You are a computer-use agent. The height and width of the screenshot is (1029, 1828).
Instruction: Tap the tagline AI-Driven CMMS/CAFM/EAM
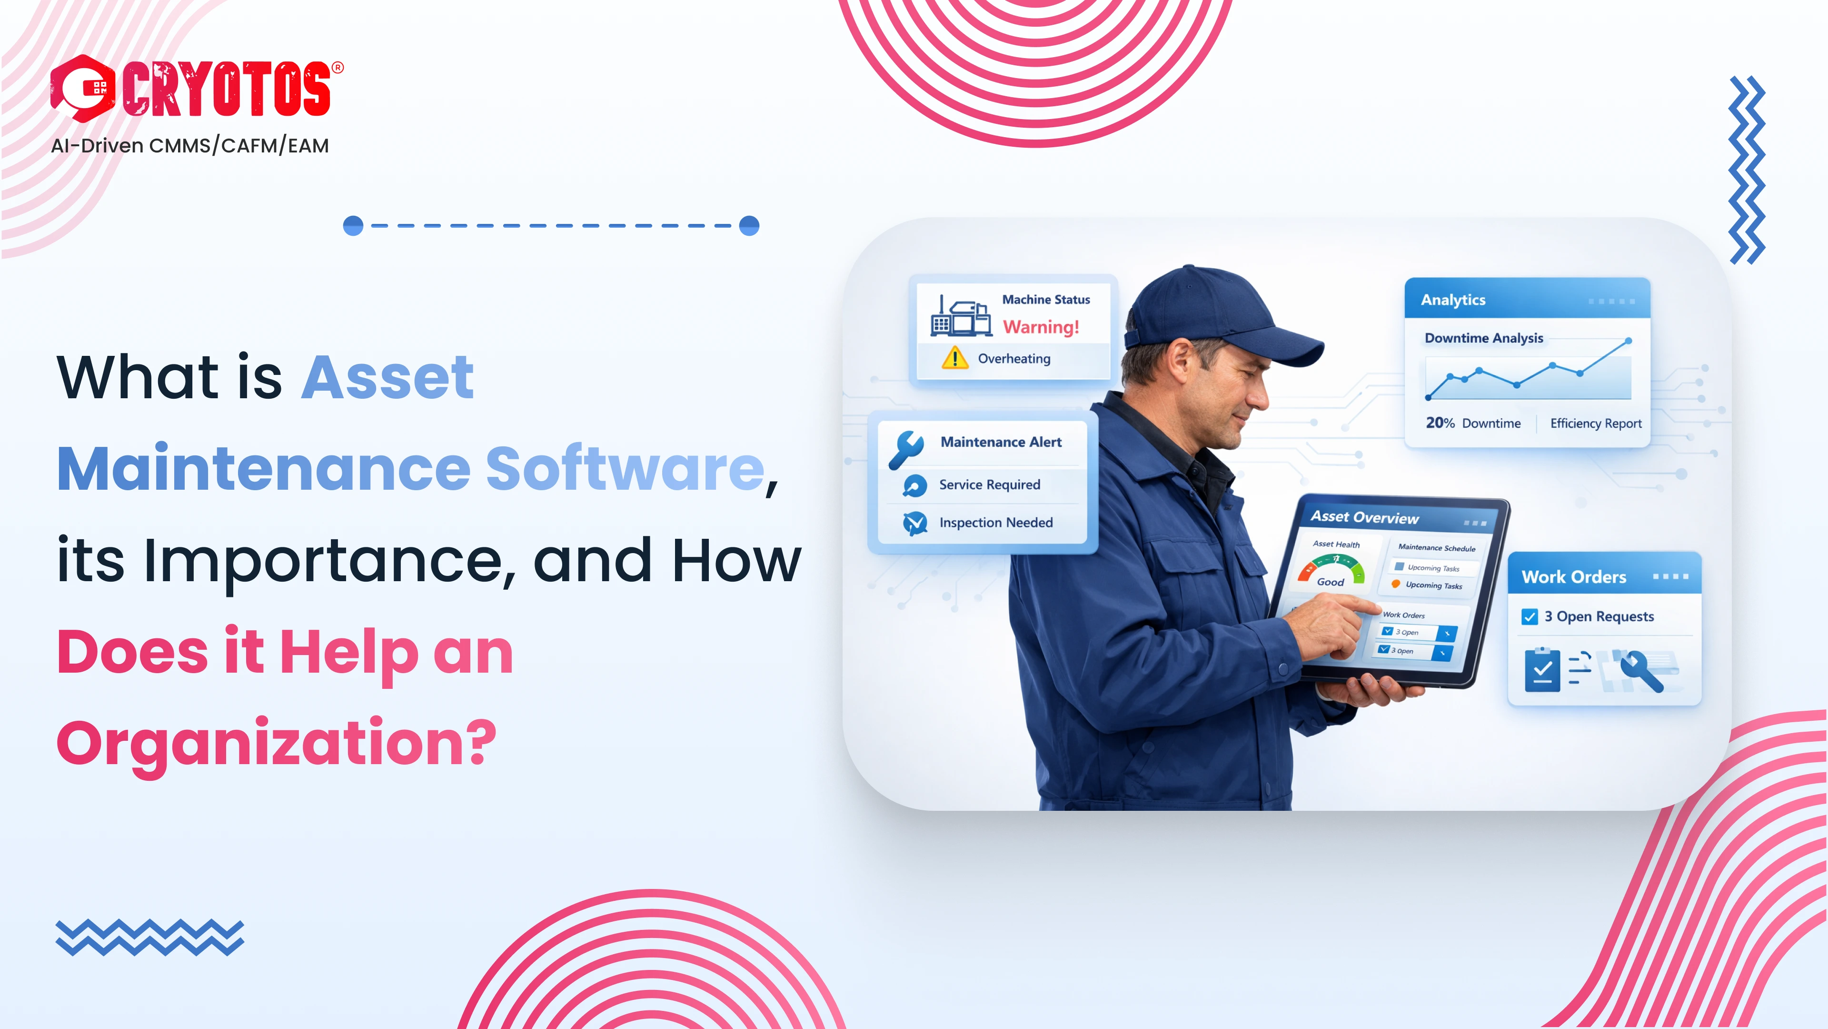pos(189,146)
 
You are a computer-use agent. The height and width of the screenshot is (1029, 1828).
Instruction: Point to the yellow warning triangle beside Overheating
pos(954,358)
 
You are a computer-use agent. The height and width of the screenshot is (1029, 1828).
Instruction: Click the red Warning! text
pos(1040,327)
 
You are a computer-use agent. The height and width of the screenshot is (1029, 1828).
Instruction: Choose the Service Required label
pos(989,485)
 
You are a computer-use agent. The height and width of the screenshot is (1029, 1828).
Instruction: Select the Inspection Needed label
pos(995,523)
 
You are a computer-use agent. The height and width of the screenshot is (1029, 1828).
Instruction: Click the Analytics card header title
pos(1452,300)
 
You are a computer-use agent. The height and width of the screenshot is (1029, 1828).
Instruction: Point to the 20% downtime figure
pos(1440,423)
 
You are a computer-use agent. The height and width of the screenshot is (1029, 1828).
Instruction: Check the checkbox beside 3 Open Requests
pos(1529,616)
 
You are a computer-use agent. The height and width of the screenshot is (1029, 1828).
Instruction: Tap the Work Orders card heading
pos(1573,576)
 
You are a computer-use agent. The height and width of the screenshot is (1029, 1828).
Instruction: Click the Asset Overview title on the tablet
pos(1364,517)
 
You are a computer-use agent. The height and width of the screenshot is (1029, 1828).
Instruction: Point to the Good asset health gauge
pos(1331,572)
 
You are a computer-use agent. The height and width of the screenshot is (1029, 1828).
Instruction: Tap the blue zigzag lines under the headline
pos(150,938)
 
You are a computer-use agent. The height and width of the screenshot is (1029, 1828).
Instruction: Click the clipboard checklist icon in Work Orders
pos(1542,670)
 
